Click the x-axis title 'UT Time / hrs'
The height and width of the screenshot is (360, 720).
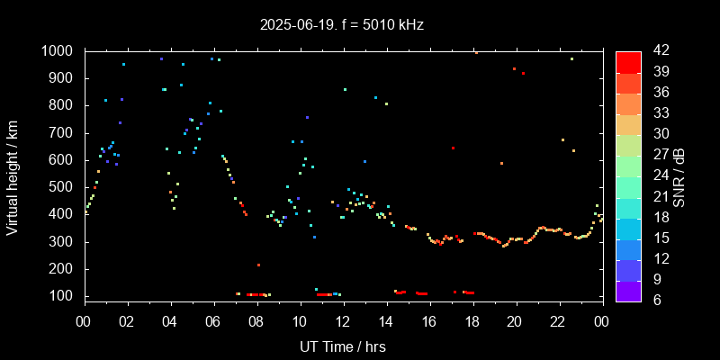[x=342, y=346]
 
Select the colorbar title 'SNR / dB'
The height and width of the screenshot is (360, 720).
[x=679, y=175]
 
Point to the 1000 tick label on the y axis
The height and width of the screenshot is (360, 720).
[x=58, y=51]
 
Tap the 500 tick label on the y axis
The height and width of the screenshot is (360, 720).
[x=62, y=187]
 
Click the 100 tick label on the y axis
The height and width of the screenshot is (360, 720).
[x=62, y=296]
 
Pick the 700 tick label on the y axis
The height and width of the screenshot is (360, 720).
[x=62, y=133]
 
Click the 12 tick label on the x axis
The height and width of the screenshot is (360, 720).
[x=342, y=320]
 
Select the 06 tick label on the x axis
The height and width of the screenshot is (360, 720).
[x=213, y=320]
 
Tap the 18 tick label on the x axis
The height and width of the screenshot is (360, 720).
[x=472, y=320]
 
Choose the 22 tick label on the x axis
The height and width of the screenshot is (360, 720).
[x=558, y=320]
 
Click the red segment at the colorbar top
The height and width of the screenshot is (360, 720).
[x=628, y=61]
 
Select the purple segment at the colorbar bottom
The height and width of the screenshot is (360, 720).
[x=628, y=290]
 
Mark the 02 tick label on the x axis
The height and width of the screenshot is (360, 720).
[x=127, y=320]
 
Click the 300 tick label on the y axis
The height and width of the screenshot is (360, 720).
[x=62, y=242]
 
